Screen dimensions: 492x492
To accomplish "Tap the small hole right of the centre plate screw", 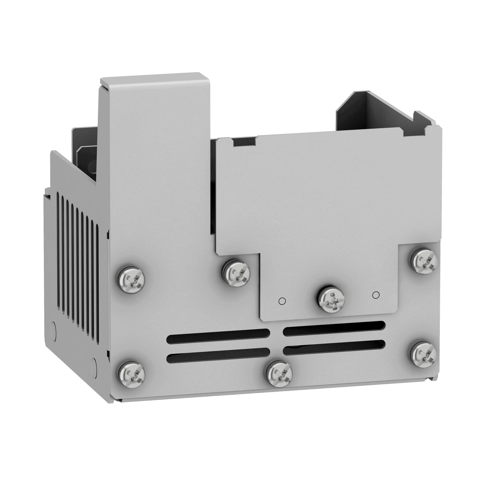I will point(376,295).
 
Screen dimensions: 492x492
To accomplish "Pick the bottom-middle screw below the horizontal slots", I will point(279,374).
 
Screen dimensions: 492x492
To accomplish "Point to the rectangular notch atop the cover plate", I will point(244,142).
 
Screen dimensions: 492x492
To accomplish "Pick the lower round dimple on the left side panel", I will point(94,364).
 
